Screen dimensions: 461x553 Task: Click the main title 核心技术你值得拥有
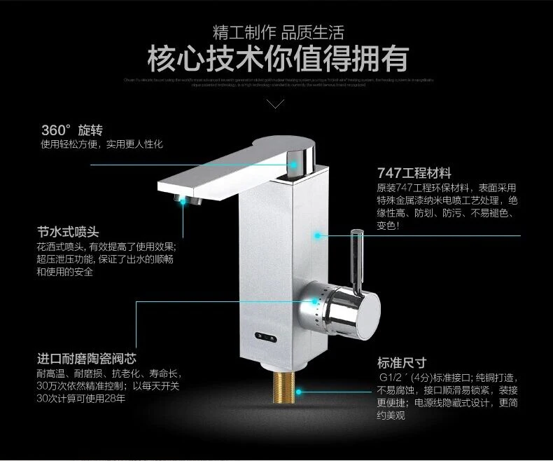277,59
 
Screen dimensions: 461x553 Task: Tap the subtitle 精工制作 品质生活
277,32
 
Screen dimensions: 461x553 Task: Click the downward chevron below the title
276,104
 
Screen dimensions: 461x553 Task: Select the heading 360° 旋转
72,130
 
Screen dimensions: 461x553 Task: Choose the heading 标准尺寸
402,362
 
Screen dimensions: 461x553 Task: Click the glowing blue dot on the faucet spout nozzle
185,200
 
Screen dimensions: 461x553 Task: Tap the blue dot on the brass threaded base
299,392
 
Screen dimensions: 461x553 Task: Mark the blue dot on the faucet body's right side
319,237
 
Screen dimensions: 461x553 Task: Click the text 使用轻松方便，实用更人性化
101,144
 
